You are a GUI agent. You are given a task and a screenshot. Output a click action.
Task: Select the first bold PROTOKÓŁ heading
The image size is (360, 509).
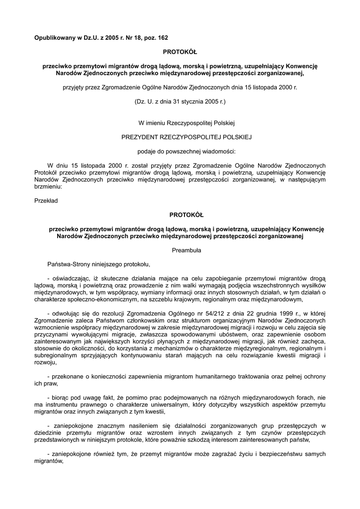[x=180, y=52]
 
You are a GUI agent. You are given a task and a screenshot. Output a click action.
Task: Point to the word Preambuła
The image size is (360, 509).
[x=186, y=251]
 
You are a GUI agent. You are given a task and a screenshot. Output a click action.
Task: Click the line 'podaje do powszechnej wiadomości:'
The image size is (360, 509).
[x=186, y=150]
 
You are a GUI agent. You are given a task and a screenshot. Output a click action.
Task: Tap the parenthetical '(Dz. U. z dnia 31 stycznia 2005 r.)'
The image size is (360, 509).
[x=180, y=101]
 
